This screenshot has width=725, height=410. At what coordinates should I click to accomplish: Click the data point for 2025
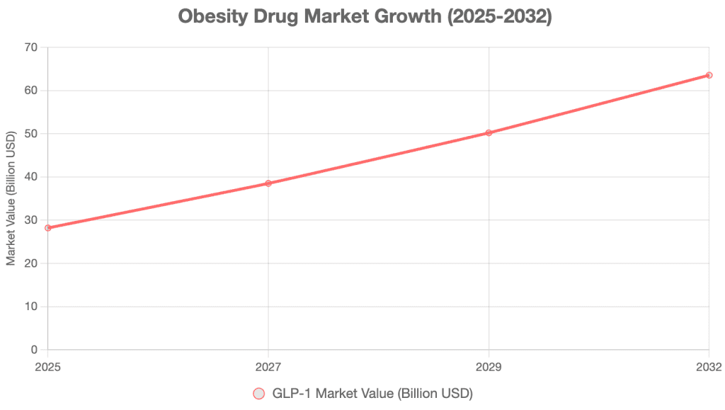(x=48, y=228)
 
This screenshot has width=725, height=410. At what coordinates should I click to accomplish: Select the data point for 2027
(x=268, y=183)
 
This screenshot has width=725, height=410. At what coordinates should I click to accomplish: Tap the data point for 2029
(x=489, y=132)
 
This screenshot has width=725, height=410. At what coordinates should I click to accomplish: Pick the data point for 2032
(x=709, y=75)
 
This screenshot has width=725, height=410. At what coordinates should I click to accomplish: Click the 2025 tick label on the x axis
(x=48, y=367)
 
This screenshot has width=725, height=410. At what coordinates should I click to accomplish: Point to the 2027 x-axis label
(x=268, y=367)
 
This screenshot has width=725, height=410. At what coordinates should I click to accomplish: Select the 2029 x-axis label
(x=489, y=367)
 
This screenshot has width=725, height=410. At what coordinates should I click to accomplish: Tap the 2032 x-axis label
(x=709, y=367)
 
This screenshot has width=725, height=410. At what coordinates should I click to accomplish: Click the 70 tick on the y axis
(x=30, y=47)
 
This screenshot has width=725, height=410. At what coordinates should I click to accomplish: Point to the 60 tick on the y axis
(x=30, y=91)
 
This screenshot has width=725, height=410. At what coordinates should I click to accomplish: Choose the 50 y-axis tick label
(x=30, y=134)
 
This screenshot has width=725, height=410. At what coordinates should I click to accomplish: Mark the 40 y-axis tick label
(x=30, y=177)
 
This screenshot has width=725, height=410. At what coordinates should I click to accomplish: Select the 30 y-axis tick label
(x=30, y=220)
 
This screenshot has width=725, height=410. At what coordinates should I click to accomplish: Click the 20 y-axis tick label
(x=30, y=263)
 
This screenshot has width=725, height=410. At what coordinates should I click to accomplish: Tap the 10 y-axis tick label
(x=30, y=307)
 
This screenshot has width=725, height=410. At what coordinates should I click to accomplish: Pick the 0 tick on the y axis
(x=34, y=350)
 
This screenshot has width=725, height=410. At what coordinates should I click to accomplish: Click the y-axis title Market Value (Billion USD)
(x=11, y=198)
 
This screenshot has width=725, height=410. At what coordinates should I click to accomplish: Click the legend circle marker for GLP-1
(x=258, y=393)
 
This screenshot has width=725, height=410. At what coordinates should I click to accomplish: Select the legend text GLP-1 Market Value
(x=372, y=393)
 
